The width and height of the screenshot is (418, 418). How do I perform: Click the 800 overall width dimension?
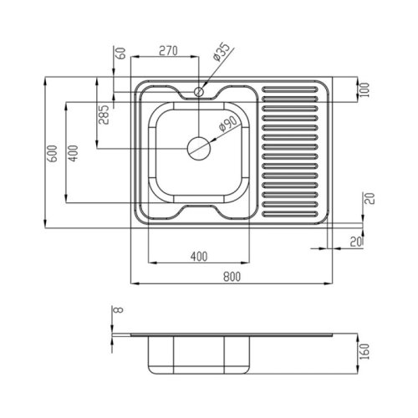tap(232, 277)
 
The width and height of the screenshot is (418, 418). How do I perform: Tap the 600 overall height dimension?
tap(53, 153)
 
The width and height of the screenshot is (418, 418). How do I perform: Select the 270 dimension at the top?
tap(168, 51)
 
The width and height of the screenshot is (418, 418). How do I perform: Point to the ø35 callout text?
tap(221, 52)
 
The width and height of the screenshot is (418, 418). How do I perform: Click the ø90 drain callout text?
tap(227, 124)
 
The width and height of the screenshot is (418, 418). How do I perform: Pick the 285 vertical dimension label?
tap(104, 115)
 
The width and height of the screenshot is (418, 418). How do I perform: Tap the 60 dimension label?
tap(120, 54)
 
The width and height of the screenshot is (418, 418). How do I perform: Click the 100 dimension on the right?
tap(364, 89)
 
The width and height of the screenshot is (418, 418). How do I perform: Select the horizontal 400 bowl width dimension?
tap(199, 257)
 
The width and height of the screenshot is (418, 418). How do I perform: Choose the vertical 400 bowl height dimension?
tap(74, 153)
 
